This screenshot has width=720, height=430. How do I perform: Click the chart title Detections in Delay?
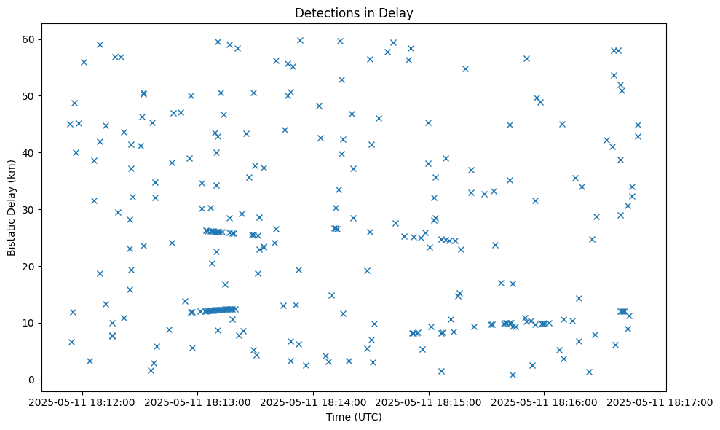354,12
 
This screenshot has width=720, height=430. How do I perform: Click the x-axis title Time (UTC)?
353,417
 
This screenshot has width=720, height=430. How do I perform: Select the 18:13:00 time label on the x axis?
198,402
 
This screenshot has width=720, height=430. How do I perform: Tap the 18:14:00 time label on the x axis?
314,402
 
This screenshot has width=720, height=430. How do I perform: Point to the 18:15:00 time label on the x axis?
430,402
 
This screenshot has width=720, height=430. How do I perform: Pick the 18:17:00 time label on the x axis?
660,402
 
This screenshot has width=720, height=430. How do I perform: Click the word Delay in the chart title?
398,12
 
